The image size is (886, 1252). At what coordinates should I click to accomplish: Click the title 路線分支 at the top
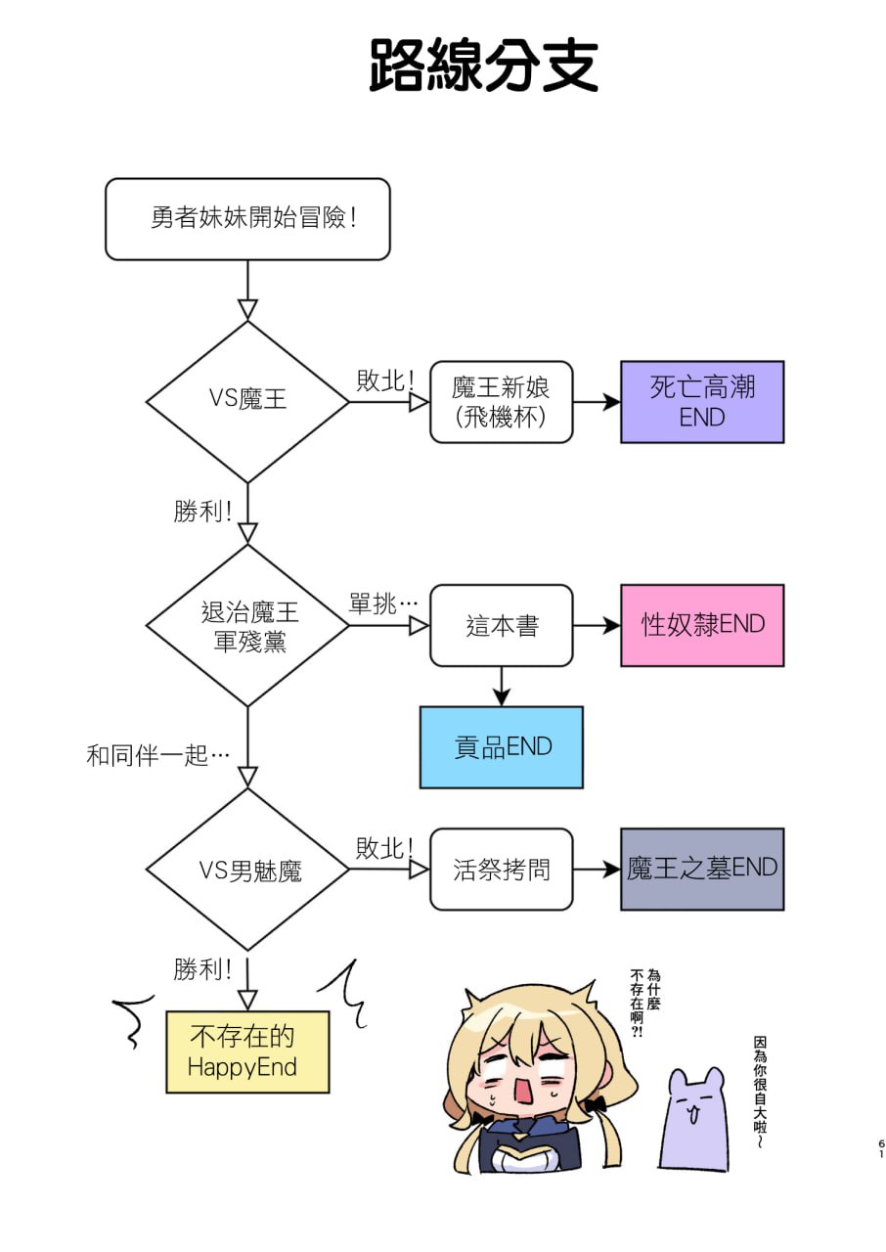(x=483, y=66)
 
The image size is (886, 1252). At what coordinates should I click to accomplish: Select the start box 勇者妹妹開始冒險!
(x=247, y=219)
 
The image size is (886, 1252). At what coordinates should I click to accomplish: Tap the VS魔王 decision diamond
(x=247, y=401)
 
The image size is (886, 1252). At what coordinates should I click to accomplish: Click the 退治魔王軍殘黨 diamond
(x=247, y=626)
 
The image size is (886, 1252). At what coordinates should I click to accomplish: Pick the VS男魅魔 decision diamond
(x=247, y=870)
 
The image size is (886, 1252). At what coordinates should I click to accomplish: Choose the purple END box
(x=701, y=402)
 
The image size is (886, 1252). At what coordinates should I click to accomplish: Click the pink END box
(x=701, y=626)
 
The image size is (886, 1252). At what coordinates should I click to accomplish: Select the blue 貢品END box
(x=501, y=747)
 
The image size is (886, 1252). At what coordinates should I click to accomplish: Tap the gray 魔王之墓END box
(x=701, y=870)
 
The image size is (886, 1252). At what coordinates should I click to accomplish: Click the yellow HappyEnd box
(x=247, y=1052)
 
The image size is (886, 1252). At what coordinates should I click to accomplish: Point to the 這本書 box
(x=501, y=626)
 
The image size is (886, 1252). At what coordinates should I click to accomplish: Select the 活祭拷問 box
(x=501, y=870)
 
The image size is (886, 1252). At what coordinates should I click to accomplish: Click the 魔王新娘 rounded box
(x=501, y=402)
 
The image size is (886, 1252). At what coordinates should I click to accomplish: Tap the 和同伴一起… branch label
(x=157, y=755)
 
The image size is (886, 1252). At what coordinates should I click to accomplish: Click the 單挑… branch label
(x=382, y=604)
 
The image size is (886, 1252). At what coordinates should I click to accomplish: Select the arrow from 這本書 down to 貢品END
(x=501, y=687)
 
